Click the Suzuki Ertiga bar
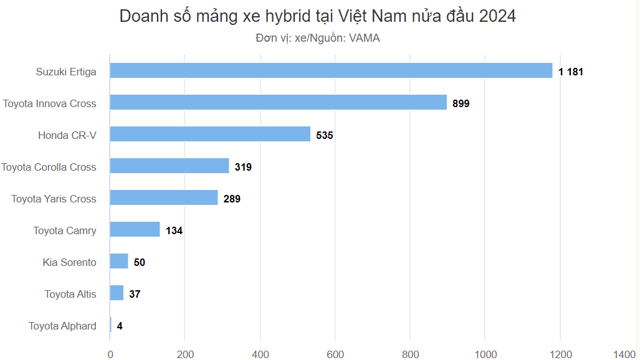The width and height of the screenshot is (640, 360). (331, 70)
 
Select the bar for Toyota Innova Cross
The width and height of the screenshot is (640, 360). (279, 102)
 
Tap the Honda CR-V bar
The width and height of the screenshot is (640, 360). (210, 134)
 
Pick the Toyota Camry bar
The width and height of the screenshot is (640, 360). (135, 230)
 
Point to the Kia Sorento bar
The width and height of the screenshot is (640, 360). (119, 262)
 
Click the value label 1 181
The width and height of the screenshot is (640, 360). (570, 72)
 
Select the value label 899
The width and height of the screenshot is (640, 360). (461, 103)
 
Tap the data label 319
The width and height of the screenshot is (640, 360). (243, 167)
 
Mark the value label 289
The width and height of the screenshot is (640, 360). (232, 199)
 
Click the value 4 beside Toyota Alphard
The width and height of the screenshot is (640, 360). (119, 326)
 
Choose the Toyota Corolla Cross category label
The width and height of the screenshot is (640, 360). (49, 167)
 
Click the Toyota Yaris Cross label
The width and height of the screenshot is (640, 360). (54, 199)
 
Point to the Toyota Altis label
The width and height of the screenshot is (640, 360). (70, 294)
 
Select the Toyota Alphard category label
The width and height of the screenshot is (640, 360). (62, 326)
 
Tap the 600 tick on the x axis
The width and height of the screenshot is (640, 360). (335, 354)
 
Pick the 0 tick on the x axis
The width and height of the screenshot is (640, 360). (110, 354)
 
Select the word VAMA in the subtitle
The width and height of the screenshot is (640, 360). (364, 38)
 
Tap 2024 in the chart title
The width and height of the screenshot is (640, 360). (497, 17)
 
